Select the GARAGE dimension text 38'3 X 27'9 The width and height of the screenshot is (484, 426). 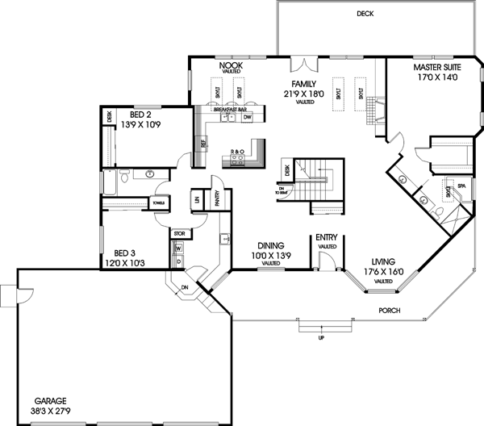56,411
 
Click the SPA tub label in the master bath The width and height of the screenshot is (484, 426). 461,186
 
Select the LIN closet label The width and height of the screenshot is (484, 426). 196,198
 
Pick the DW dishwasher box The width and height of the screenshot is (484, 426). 248,117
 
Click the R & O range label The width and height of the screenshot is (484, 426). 237,151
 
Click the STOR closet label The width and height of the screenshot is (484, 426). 179,235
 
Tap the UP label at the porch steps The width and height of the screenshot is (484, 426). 320,336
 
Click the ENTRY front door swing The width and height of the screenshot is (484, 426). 323,260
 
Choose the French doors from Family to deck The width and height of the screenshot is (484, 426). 302,64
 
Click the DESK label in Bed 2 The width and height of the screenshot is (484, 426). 109,118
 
